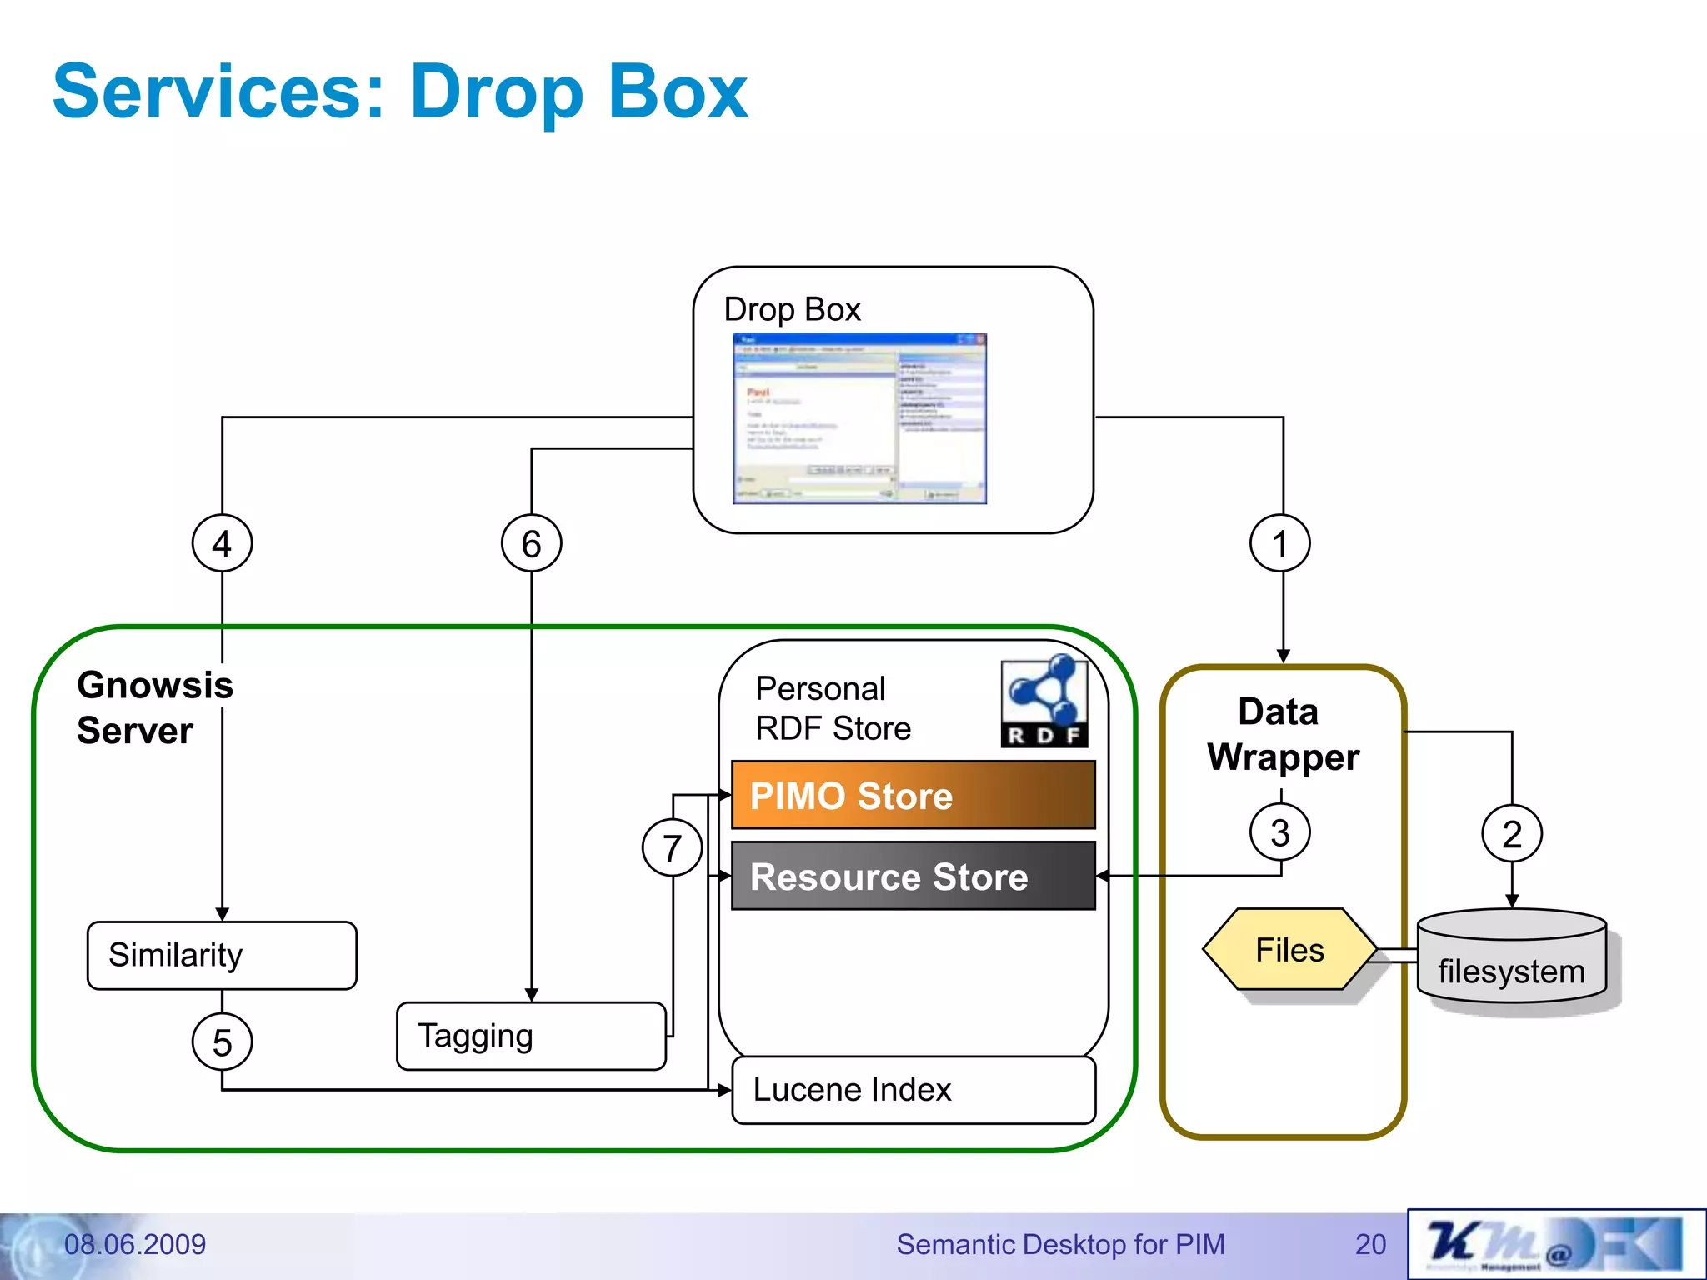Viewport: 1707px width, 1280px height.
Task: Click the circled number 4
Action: pyautogui.click(x=222, y=543)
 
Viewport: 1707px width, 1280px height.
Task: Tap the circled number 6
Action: pyautogui.click(x=532, y=543)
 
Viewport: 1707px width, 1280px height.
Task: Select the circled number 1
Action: pyautogui.click(x=1280, y=543)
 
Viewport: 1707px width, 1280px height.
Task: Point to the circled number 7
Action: pyautogui.click(x=672, y=847)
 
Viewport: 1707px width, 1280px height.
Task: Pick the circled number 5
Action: pyautogui.click(x=222, y=1042)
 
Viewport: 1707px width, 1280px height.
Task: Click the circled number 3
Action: pyautogui.click(x=1280, y=832)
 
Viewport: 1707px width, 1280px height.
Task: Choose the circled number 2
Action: pyautogui.click(x=1512, y=833)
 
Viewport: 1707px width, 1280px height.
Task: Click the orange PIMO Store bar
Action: pyautogui.click(x=913, y=795)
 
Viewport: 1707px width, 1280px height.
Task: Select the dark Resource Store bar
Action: pyautogui.click(x=913, y=876)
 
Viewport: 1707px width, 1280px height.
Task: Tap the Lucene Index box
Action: pyautogui.click(x=913, y=1090)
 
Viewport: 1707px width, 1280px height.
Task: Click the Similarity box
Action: pyautogui.click(x=222, y=955)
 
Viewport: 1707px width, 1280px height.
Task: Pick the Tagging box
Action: pyautogui.click(x=532, y=1036)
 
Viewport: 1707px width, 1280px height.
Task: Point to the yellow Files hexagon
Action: pyautogui.click(x=1289, y=949)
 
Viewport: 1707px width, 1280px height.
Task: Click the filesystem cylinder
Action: pyautogui.click(x=1511, y=958)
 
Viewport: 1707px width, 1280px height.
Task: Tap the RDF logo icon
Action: pyautogui.click(x=1044, y=702)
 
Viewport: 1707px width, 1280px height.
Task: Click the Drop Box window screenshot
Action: pyautogui.click(x=859, y=418)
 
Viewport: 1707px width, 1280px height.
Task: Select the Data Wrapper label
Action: pyautogui.click(x=1282, y=734)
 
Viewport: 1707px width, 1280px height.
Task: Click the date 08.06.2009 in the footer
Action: pyautogui.click(x=135, y=1244)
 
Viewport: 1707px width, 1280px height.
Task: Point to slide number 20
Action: pyautogui.click(x=1370, y=1244)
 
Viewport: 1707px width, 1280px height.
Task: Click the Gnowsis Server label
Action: pyautogui.click(x=154, y=707)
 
